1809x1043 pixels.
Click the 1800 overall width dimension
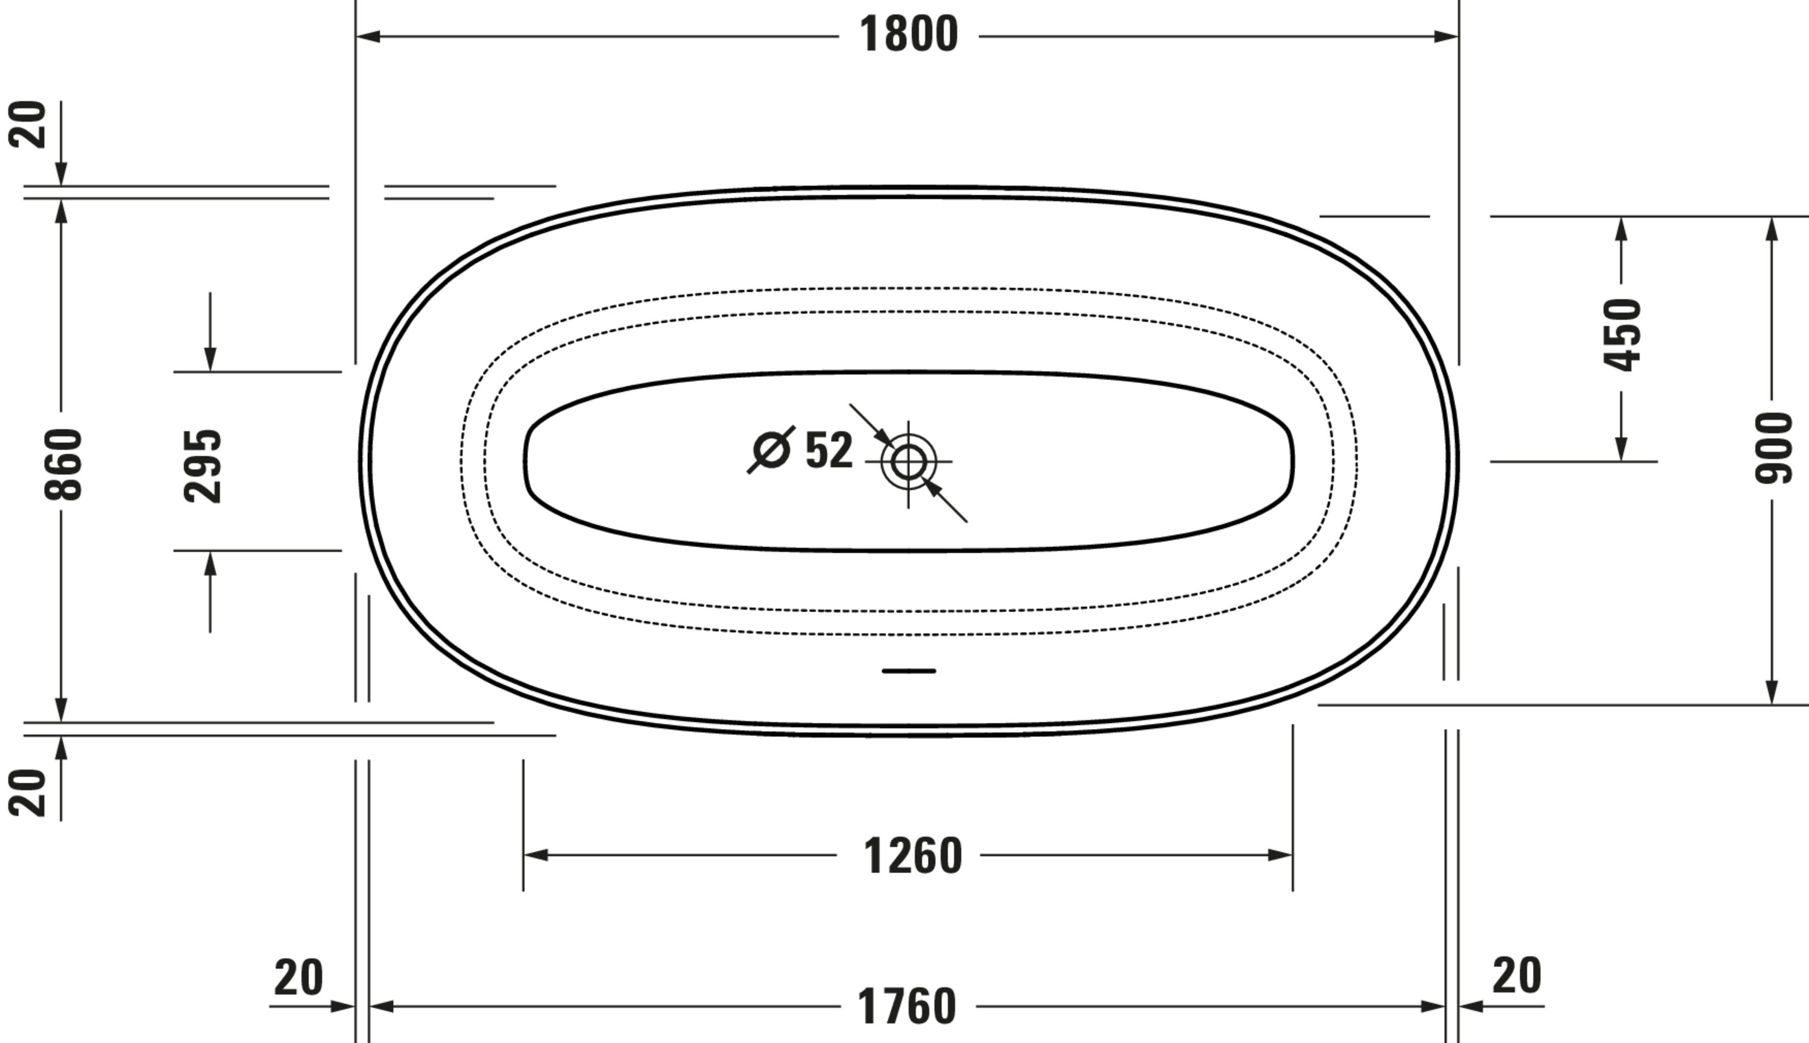pyautogui.click(x=908, y=34)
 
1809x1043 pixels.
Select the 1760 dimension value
pyautogui.click(x=907, y=1006)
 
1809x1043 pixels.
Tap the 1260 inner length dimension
pyautogui.click(x=912, y=856)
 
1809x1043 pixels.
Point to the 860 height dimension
pyautogui.click(x=63, y=463)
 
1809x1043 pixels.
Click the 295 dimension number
pyautogui.click(x=203, y=466)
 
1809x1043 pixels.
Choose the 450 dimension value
pyautogui.click(x=1622, y=334)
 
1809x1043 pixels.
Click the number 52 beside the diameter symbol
pyautogui.click(x=829, y=451)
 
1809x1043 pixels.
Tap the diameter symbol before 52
pyautogui.click(x=771, y=450)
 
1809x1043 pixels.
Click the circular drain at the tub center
pyautogui.click(x=908, y=462)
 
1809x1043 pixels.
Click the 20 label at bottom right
pyautogui.click(x=1517, y=975)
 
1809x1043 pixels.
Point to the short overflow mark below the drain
pyautogui.click(x=908, y=671)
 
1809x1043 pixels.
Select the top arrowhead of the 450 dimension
pyautogui.click(x=1621, y=228)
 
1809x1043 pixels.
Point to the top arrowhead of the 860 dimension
pyautogui.click(x=62, y=211)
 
